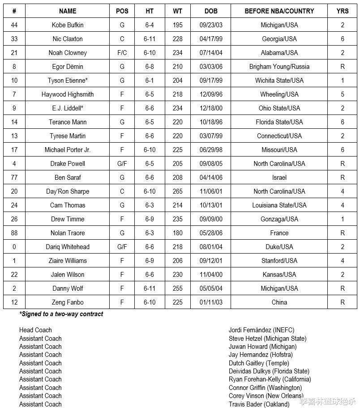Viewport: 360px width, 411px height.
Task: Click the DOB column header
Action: coord(211,11)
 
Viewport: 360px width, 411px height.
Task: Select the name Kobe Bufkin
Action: coord(68,25)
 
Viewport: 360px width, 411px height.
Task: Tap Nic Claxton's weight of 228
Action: coord(178,39)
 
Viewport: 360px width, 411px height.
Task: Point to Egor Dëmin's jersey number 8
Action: coord(14,67)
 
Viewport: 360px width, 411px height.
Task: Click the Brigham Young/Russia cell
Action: coord(279,67)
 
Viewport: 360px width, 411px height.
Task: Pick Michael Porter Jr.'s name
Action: coord(68,150)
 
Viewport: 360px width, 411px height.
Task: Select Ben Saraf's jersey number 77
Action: coord(14,178)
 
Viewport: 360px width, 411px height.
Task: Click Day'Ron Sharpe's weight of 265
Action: coord(178,191)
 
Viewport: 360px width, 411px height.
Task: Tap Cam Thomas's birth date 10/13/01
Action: coord(211,205)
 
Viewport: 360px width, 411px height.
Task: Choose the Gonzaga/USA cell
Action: coord(279,219)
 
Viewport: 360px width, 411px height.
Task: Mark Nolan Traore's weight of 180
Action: coord(178,233)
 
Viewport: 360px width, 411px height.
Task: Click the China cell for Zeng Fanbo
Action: coord(279,302)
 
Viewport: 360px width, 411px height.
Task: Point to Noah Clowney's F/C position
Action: coord(122,53)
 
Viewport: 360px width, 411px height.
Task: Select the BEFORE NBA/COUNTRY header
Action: coord(279,11)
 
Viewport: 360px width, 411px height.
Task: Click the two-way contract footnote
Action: coord(61,314)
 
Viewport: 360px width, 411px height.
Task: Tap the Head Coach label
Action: coord(35,330)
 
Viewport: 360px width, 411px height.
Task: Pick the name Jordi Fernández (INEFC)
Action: coord(261,330)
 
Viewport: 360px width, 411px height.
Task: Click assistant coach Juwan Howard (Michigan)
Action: coord(262,347)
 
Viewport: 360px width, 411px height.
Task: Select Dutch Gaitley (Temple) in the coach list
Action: coord(259,363)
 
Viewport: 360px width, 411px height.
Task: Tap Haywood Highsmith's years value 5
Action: coord(343,94)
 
